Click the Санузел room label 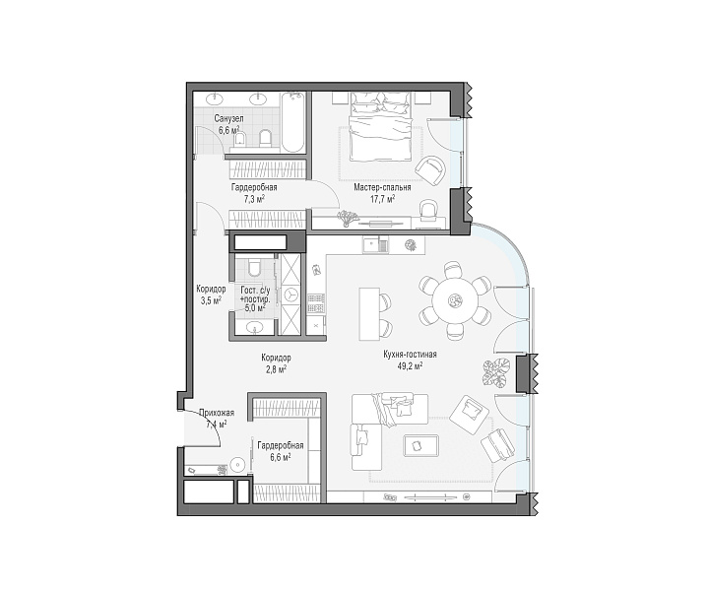228,118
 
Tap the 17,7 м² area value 382,199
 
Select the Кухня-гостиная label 410,355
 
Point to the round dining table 454,299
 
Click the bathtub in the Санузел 291,122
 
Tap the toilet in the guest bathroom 254,266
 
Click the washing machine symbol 289,295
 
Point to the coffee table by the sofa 421,445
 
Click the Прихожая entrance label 216,413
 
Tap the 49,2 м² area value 410,366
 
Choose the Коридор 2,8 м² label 276,363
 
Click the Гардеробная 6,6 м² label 281,451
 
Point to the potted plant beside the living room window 494,372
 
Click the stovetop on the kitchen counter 316,303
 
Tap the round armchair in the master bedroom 431,169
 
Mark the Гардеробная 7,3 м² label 254,193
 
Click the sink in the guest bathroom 255,327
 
